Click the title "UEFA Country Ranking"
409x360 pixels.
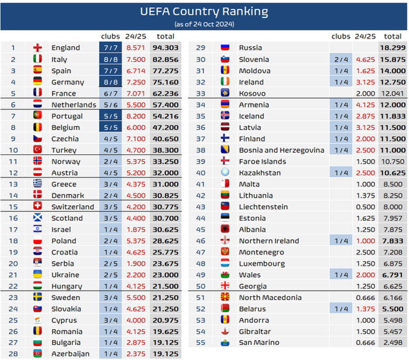204,12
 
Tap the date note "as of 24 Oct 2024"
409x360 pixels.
204,24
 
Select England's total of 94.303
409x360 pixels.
166,47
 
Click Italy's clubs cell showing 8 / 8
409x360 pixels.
110,59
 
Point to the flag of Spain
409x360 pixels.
38,71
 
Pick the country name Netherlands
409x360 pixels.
74,104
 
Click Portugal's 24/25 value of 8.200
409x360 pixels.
136,116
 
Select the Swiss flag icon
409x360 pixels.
38,207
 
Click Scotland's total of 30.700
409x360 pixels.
166,218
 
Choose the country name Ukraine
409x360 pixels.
65,275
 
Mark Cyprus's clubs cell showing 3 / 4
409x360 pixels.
110,320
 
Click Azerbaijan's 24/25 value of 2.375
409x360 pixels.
136,354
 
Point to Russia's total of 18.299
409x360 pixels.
392,47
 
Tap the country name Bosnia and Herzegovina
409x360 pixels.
281,150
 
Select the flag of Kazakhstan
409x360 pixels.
225,173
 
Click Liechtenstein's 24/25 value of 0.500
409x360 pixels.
366,207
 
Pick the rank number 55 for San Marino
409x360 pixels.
200,342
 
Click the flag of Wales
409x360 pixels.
225,275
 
